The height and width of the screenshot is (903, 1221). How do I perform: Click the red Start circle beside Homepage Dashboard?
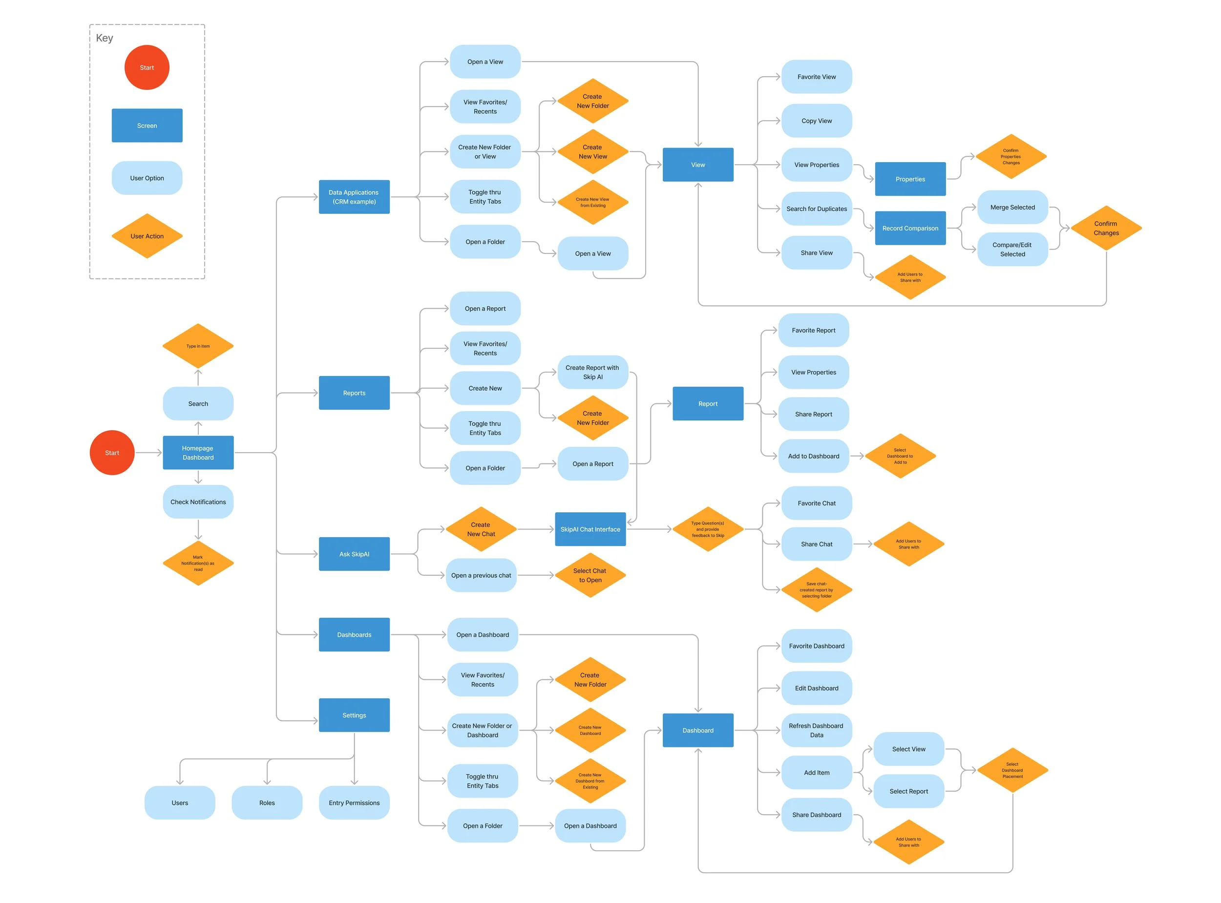click(x=112, y=453)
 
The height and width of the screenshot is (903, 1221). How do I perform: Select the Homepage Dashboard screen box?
click(x=198, y=453)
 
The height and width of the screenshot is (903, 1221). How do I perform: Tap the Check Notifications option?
click(x=198, y=502)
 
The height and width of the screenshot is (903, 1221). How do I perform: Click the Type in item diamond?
click(x=198, y=346)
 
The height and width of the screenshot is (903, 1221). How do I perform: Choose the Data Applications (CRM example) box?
click(x=354, y=197)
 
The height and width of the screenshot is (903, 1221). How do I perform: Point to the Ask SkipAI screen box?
click(x=354, y=554)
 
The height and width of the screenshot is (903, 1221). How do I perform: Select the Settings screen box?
click(x=354, y=715)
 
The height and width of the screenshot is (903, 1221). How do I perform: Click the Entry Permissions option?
click(x=354, y=802)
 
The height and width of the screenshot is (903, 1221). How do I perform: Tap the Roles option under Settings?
click(x=267, y=802)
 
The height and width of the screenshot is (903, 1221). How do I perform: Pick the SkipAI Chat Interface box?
click(x=590, y=529)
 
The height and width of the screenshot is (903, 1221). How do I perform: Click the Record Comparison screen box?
click(x=910, y=228)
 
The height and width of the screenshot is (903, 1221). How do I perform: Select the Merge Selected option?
click(x=1012, y=207)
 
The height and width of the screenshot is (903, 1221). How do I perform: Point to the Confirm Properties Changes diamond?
click(x=1010, y=156)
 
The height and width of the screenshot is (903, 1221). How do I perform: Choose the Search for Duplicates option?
click(x=817, y=209)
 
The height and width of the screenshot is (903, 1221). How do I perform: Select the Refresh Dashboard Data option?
click(x=817, y=730)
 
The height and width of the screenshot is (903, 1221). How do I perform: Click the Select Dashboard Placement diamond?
click(x=1012, y=770)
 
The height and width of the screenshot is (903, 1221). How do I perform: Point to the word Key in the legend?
click(x=105, y=38)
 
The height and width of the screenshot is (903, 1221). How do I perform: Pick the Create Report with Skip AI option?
click(x=592, y=372)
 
